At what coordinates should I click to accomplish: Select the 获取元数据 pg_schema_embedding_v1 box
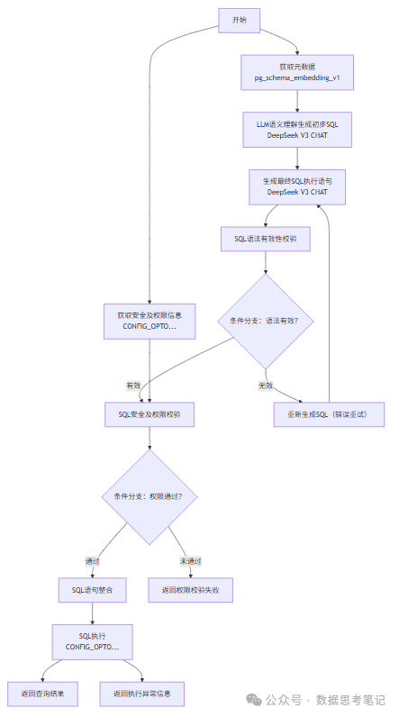pyautogui.click(x=296, y=73)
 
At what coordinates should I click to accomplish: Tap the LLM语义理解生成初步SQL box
pyautogui.click(x=296, y=129)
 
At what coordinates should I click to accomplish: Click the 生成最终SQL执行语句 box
pyautogui.click(x=296, y=186)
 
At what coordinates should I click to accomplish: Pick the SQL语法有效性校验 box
pyautogui.click(x=265, y=239)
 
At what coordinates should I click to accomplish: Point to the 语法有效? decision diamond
pyautogui.click(x=265, y=322)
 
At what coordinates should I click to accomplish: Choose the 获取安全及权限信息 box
pyautogui.click(x=150, y=321)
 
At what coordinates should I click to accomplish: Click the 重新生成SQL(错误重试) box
pyautogui.click(x=329, y=414)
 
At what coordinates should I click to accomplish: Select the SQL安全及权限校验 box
pyautogui.click(x=150, y=414)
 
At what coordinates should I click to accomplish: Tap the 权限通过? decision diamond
pyautogui.click(x=150, y=496)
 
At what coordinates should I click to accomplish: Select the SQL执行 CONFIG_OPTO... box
pyautogui.click(x=93, y=642)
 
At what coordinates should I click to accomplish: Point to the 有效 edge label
pyautogui.click(x=134, y=385)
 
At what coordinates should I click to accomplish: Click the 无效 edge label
pyautogui.click(x=265, y=385)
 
